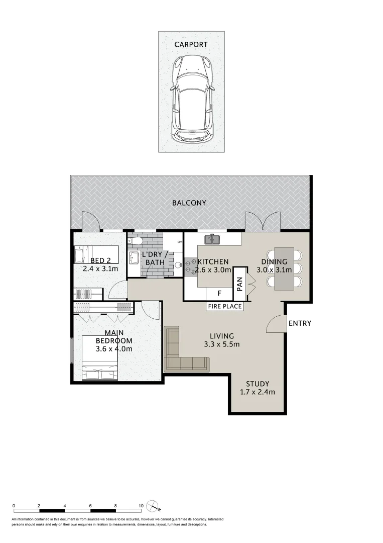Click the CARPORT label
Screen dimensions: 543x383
[191, 45]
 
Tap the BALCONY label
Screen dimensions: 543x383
[189, 203]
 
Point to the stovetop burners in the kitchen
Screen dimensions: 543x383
[190, 267]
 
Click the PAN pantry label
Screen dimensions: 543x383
[239, 284]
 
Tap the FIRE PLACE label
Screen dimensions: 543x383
[225, 306]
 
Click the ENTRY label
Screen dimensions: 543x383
[300, 323]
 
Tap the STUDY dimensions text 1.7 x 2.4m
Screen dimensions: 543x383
[258, 393]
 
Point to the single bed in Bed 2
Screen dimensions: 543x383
[95, 254]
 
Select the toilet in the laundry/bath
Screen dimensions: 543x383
[137, 242]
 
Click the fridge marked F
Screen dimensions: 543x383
[219, 293]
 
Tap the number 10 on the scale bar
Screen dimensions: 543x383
[141, 506]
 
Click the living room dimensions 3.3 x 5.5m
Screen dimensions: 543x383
[222, 344]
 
